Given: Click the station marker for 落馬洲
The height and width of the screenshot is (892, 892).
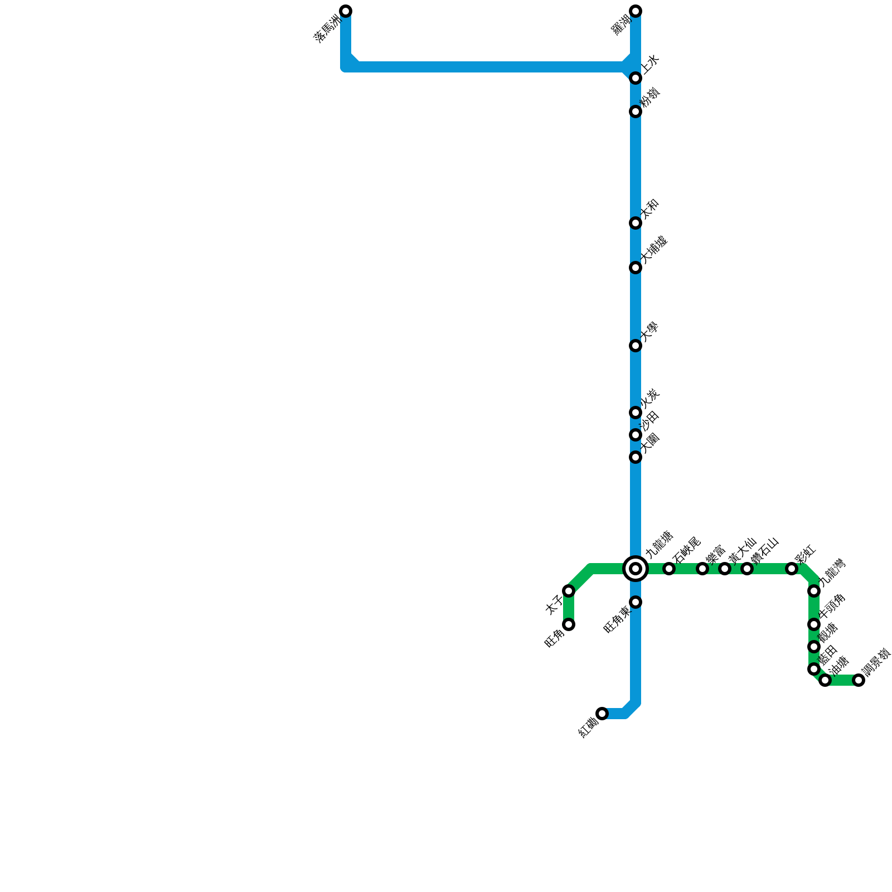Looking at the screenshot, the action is click(346, 11).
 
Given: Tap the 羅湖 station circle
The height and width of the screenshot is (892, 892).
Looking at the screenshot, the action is click(636, 11).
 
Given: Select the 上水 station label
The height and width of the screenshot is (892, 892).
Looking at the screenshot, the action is click(650, 64).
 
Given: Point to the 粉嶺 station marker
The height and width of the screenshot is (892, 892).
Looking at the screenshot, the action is click(636, 111).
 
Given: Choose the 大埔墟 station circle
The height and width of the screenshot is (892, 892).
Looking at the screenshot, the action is click(636, 268).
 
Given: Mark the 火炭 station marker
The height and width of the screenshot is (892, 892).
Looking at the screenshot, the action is click(636, 413).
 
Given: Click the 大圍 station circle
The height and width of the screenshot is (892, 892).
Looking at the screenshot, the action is click(636, 457).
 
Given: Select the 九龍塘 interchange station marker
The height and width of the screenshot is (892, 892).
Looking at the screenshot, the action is click(636, 569).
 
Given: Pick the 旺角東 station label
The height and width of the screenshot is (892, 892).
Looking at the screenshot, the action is click(617, 619).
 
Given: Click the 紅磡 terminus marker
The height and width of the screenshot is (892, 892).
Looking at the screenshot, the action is click(602, 714).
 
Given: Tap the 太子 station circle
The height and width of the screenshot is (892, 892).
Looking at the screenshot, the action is click(569, 591).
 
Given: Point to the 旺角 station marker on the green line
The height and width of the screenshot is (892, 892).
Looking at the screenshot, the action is click(569, 624).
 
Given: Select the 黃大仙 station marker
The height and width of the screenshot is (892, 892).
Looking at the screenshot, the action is click(725, 569).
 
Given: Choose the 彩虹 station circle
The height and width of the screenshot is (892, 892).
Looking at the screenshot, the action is click(792, 569).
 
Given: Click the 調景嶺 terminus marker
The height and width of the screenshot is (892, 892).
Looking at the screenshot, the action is click(859, 680).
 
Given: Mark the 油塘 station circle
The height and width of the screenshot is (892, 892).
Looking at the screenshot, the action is click(825, 680).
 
